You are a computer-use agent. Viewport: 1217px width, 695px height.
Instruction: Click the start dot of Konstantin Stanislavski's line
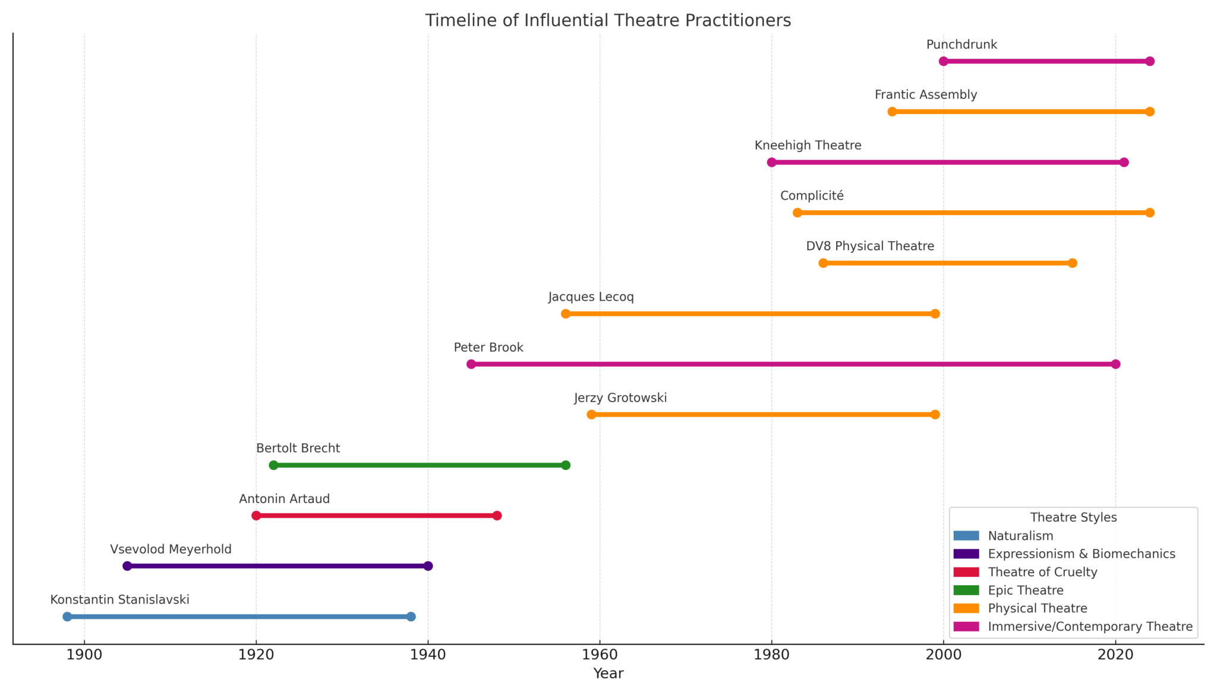pos(67,617)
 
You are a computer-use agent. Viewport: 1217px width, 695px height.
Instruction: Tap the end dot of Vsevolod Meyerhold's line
pos(428,566)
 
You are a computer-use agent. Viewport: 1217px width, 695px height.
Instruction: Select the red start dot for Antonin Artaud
pos(256,516)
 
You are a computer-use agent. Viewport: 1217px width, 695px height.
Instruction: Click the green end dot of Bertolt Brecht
pos(566,465)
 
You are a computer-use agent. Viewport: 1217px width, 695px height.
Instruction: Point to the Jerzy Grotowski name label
pos(620,398)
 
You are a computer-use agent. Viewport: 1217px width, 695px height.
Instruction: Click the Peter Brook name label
pos(488,347)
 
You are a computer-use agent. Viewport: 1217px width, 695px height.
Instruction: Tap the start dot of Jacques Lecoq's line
pos(566,314)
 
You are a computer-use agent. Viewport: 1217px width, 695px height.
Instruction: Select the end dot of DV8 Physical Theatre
pos(1073,263)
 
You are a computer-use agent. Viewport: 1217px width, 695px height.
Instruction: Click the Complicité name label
pos(812,196)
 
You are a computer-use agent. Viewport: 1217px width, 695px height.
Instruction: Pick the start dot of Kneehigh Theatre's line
pos(772,162)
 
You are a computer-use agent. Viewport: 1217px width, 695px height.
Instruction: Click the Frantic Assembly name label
pos(926,95)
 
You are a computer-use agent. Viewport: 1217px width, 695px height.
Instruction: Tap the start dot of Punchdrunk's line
pos(944,61)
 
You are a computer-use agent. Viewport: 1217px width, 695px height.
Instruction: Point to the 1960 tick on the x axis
pos(600,644)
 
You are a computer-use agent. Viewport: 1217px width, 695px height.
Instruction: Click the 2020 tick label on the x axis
pos(1115,655)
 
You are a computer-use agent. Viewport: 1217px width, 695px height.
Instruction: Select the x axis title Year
pos(608,674)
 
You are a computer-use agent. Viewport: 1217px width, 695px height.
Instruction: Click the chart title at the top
pos(608,21)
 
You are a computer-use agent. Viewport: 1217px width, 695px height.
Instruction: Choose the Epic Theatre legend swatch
pos(966,590)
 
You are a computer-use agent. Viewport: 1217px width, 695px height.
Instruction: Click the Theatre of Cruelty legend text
pos(1042,572)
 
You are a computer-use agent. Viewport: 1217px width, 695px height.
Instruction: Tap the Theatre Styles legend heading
pos(1073,517)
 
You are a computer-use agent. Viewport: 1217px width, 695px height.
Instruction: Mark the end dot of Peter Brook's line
pos(1115,364)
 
